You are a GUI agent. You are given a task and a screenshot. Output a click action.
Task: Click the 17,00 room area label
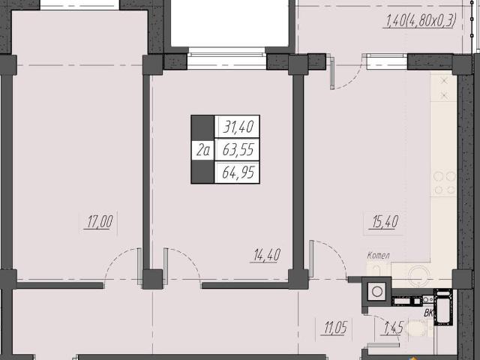pyautogui.click(x=100, y=222)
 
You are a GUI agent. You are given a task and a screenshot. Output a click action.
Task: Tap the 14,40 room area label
pyautogui.click(x=267, y=255)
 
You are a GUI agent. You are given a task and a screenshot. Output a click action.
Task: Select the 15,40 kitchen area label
pyautogui.click(x=385, y=222)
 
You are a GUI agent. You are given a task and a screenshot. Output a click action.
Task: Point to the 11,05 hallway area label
pyautogui.click(x=335, y=328)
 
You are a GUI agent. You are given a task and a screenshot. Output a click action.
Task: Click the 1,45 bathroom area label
pyautogui.click(x=394, y=328)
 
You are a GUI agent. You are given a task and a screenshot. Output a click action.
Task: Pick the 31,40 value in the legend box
pyautogui.click(x=238, y=127)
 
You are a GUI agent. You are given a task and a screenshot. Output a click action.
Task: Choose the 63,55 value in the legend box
pyautogui.click(x=238, y=150)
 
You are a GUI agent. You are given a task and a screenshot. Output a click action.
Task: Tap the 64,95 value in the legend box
pyautogui.click(x=238, y=172)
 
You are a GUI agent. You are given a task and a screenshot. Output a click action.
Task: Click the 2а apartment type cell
pyautogui.click(x=203, y=150)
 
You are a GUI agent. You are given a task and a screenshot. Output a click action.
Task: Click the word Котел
pyautogui.click(x=378, y=255)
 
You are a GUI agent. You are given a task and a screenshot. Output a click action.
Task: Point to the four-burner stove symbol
pyautogui.click(x=445, y=183)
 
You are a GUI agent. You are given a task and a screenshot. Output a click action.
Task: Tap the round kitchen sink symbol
pyautogui.click(x=417, y=272)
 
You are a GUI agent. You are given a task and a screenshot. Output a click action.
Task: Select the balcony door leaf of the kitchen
pyautogui.click(x=332, y=72)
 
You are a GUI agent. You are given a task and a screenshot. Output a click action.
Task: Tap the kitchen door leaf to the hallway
pyautogui.click(x=311, y=259)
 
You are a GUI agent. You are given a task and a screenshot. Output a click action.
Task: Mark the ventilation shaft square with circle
pyautogui.click(x=376, y=292)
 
